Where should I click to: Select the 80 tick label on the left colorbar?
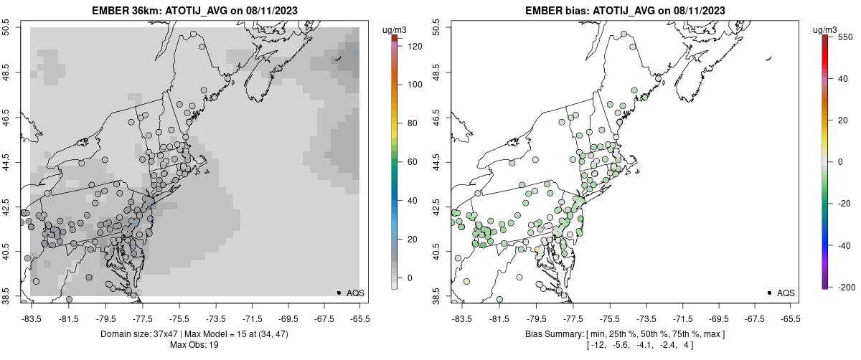click(x=412, y=123)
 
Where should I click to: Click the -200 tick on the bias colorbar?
click(x=844, y=287)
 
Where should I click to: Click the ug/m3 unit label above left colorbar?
click(x=395, y=29)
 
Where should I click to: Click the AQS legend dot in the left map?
click(x=338, y=293)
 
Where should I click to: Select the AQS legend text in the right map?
click(x=786, y=293)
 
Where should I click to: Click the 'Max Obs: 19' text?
click(x=194, y=345)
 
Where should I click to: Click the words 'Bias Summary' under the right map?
click(x=552, y=334)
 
